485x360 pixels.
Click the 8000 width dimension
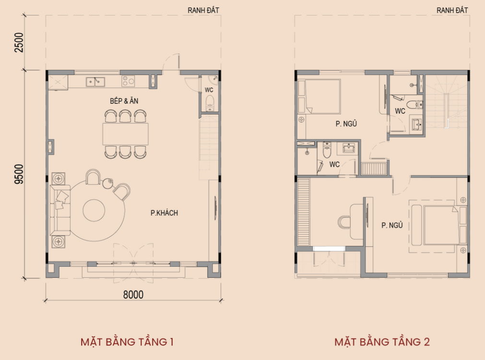(133, 294)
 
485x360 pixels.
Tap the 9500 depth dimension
(19, 174)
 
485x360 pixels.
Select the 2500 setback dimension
(19, 42)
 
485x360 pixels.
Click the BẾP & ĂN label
(124, 101)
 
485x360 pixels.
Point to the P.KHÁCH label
(164, 213)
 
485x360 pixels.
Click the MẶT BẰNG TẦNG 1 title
(127, 342)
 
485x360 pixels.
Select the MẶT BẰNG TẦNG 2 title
(382, 342)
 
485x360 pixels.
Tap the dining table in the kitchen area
(125, 134)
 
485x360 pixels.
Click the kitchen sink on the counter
(95, 82)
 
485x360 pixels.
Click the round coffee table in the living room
(94, 211)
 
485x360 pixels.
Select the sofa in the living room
(60, 210)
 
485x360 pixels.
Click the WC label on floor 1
(209, 90)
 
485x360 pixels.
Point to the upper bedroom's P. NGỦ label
(346, 124)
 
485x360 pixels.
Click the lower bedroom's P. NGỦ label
(392, 225)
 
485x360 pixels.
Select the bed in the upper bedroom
(319, 96)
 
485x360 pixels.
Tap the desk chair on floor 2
(343, 222)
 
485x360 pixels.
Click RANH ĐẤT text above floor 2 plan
(452, 10)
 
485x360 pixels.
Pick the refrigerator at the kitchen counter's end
(58, 82)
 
